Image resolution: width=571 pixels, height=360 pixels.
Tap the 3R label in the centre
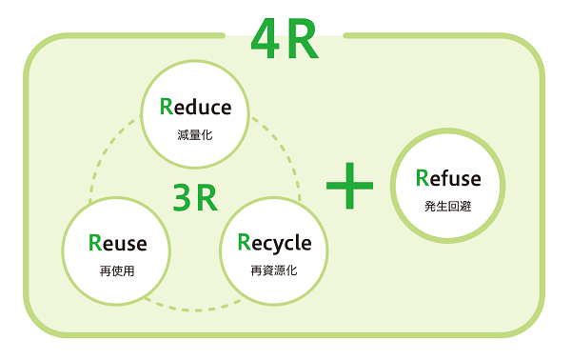point(195,197)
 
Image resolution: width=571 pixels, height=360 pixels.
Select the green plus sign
point(349,185)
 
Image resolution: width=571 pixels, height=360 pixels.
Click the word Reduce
point(195,107)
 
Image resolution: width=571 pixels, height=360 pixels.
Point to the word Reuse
point(117,243)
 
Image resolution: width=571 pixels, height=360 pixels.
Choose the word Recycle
point(274,243)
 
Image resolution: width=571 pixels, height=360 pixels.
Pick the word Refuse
point(448,178)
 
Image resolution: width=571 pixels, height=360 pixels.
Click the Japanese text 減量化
point(195,134)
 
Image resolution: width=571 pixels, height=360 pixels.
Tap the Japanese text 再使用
point(117,270)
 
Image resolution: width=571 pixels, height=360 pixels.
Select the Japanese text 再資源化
point(274,270)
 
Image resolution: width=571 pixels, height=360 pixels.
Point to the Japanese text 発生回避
point(448,206)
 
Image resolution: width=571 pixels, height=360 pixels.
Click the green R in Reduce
point(167,107)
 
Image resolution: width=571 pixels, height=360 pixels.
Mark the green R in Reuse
point(94,243)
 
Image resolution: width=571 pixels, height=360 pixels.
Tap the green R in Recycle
point(244,243)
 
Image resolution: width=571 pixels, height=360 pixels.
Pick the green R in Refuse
point(423,178)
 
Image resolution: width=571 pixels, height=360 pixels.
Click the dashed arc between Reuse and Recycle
point(195,309)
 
